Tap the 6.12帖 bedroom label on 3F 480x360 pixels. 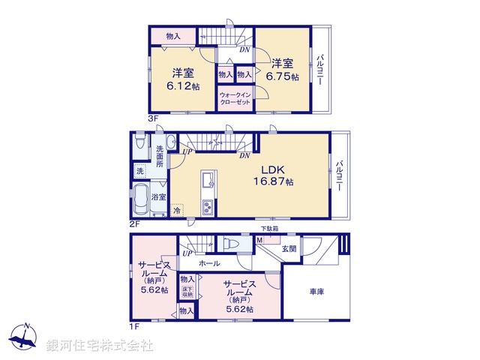click(x=184, y=79)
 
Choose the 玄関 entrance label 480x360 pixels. click(x=289, y=248)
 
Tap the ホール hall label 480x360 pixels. click(x=209, y=264)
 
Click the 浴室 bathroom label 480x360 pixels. click(x=158, y=196)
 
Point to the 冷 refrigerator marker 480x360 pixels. click(x=177, y=211)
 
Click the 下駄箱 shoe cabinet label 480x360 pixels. click(x=269, y=229)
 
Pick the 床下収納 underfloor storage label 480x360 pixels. click(x=187, y=292)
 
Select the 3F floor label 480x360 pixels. click(x=151, y=118)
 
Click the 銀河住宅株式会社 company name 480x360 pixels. click(x=100, y=346)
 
